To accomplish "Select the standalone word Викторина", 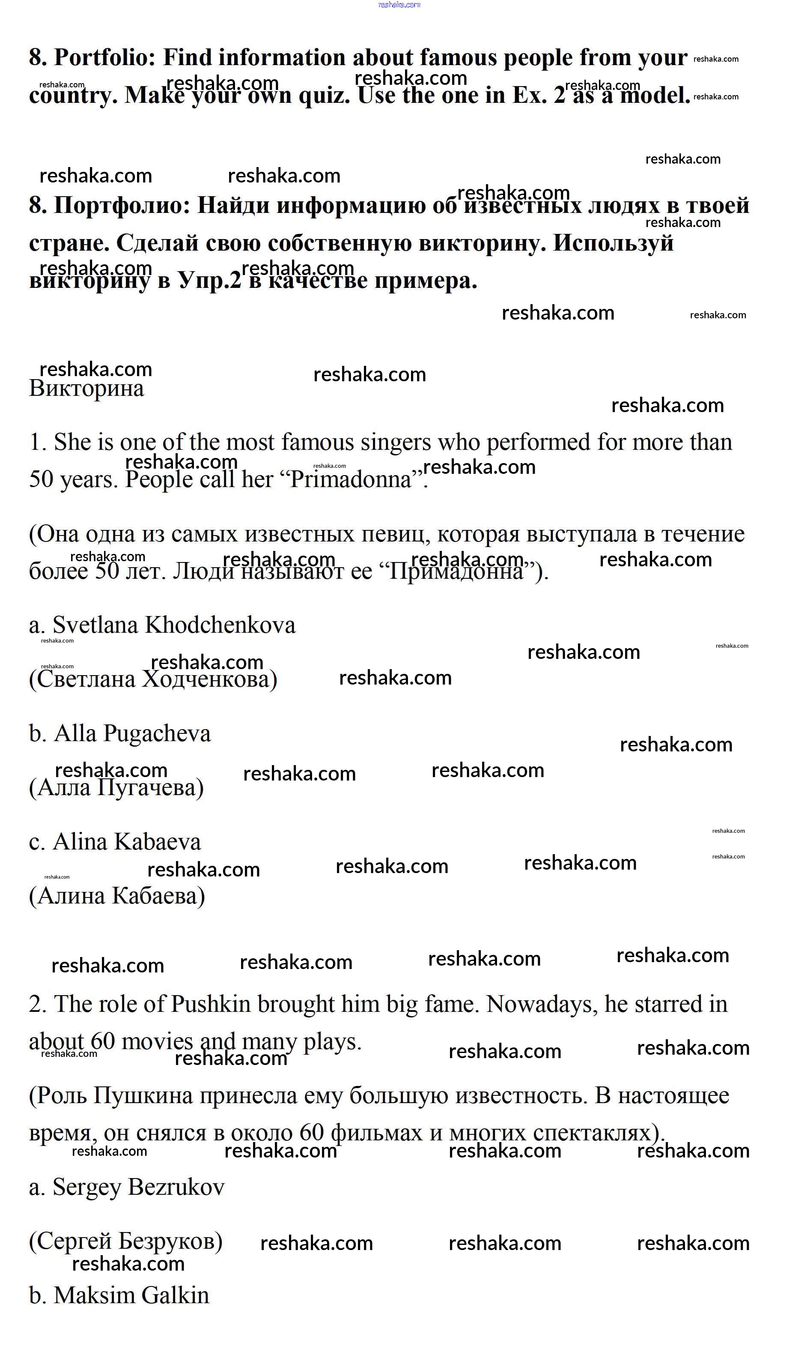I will [x=86, y=389].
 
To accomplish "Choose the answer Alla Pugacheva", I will [x=132, y=734].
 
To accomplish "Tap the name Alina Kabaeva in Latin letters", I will [x=126, y=842].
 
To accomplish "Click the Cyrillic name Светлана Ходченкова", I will [x=153, y=679].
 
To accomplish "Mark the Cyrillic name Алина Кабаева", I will [x=117, y=896].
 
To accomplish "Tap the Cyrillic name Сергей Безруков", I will [x=126, y=1241].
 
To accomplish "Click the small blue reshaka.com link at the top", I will [x=399, y=5].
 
